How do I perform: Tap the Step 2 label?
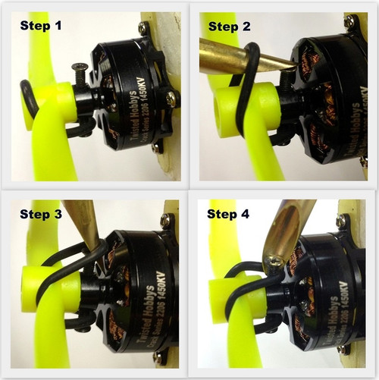click(x=235, y=27)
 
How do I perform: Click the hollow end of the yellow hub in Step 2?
click(x=228, y=105)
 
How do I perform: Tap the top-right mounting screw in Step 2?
click(x=349, y=23)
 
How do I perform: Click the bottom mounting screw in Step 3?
click(x=157, y=356)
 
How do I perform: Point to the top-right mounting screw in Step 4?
click(x=344, y=222)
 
